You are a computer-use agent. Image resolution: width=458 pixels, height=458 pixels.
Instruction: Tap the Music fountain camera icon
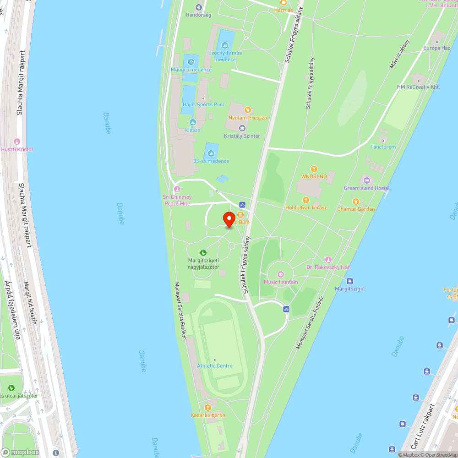coord(281,274)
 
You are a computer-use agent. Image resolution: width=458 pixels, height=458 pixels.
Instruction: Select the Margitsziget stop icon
coord(350,281)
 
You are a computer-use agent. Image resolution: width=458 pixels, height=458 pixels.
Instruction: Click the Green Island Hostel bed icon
coord(366,180)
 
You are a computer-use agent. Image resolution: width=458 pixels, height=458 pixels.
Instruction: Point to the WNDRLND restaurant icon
coord(314,169)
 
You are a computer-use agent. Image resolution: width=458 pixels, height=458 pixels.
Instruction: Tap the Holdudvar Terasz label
coord(306,207)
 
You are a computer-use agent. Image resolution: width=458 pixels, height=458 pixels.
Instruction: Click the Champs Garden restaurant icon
coord(355,201)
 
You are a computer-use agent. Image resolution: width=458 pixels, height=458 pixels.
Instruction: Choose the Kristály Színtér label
coord(242,136)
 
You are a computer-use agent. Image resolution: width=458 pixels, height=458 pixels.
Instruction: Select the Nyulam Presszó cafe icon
coord(248,109)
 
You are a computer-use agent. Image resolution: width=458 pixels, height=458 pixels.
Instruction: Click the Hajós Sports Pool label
coord(203,104)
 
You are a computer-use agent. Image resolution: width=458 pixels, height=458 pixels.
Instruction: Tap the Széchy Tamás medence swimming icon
coord(224,45)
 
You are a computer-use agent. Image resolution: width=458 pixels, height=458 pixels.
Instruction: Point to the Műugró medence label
coord(191,70)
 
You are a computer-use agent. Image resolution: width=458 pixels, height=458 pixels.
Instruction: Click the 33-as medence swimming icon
coord(211,153)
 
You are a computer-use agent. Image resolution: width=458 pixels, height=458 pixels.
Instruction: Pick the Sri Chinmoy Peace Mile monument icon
coord(177,189)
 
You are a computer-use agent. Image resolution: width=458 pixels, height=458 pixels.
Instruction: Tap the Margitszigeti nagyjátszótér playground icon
coord(203,253)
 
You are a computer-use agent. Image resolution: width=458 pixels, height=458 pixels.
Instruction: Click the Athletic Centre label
coord(215,365)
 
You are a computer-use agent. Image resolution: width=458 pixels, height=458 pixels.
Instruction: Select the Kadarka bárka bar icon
coord(208,407)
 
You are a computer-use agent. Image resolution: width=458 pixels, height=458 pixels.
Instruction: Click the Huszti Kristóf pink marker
coord(17,142)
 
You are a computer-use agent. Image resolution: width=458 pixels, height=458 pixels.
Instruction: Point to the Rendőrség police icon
coord(198,7)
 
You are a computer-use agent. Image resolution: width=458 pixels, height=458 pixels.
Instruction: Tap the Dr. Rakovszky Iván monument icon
coord(328,260)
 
